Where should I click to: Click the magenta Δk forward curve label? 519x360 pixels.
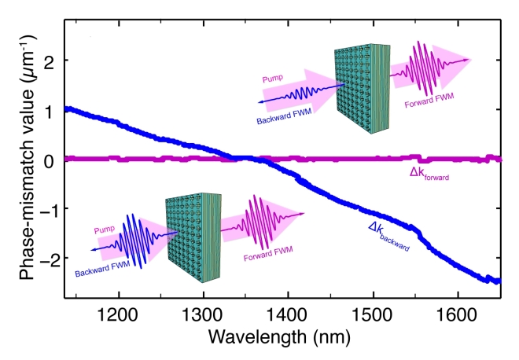[x=429, y=174]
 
